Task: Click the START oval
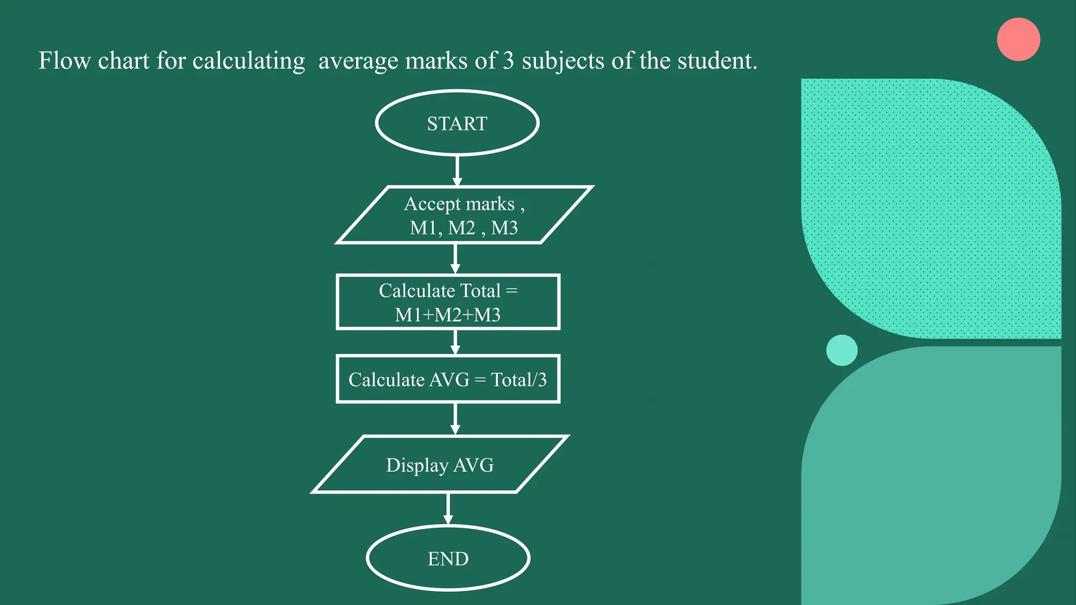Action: pyautogui.click(x=457, y=123)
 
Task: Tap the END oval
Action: pyautogui.click(x=448, y=558)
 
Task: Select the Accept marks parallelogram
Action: pyautogui.click(x=464, y=215)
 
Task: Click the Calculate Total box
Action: pyautogui.click(x=448, y=302)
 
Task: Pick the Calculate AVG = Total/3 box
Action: pyautogui.click(x=448, y=379)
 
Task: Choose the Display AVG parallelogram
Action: pyautogui.click(x=440, y=465)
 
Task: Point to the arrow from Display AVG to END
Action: pyautogui.click(x=448, y=508)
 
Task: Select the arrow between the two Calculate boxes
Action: pyautogui.click(x=455, y=342)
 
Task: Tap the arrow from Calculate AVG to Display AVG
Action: pyautogui.click(x=455, y=419)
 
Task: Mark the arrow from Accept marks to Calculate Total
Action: pyautogui.click(x=455, y=258)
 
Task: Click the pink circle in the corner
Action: pyautogui.click(x=1018, y=39)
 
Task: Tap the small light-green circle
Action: pyautogui.click(x=842, y=350)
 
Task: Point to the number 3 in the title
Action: pyautogui.click(x=508, y=61)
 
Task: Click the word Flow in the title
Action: pyautogui.click(x=64, y=61)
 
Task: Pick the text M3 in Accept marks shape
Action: pyautogui.click(x=504, y=228)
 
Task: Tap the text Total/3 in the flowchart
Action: pyautogui.click(x=519, y=380)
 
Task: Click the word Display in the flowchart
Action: pyautogui.click(x=417, y=465)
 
